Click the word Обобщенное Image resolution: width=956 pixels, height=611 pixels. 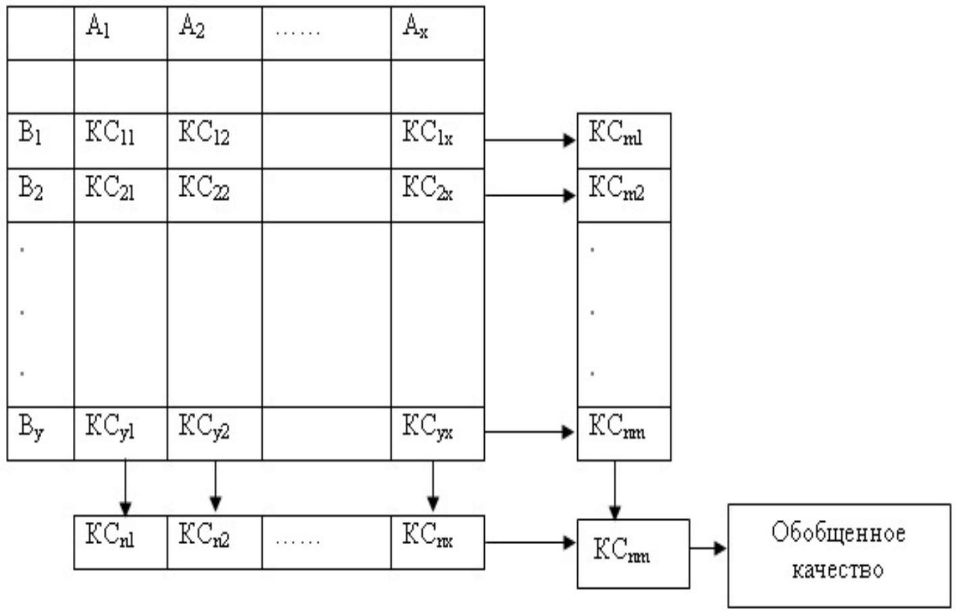click(x=838, y=533)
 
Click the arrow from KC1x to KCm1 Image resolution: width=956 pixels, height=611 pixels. click(x=530, y=140)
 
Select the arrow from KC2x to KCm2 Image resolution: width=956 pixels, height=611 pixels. click(x=530, y=196)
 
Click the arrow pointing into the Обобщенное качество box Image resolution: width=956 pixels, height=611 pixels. click(x=708, y=548)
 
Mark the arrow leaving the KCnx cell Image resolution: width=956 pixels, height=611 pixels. click(x=530, y=542)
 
